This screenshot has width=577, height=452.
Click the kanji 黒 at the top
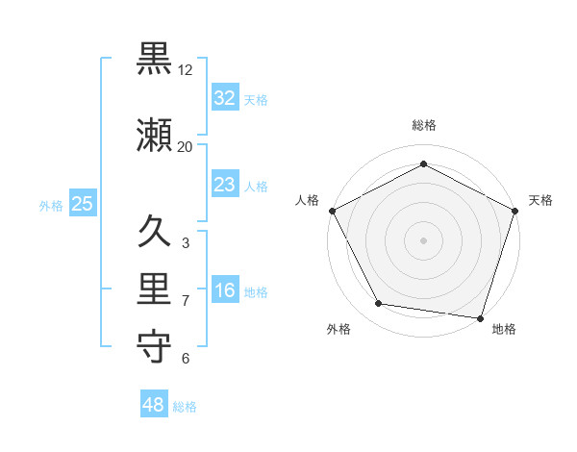click(154, 60)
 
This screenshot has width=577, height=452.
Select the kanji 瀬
click(154, 137)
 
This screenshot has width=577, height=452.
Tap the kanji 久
click(154, 232)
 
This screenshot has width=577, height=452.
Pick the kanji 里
click(154, 289)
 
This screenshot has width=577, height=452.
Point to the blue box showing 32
click(224, 98)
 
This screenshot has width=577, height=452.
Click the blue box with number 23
click(224, 185)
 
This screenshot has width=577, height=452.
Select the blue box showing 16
click(224, 290)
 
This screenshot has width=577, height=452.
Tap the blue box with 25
click(82, 204)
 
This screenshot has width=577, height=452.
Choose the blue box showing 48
click(154, 405)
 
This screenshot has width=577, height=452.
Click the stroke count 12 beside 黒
click(186, 70)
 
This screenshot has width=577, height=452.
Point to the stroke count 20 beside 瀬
click(186, 147)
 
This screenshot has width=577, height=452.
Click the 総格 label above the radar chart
click(424, 125)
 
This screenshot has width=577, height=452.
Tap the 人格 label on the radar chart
click(307, 200)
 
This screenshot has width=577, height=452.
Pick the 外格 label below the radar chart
click(339, 329)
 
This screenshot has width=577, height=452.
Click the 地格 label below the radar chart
click(504, 329)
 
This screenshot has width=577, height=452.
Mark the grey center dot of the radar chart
click(424, 239)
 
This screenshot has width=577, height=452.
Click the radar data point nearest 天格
click(515, 211)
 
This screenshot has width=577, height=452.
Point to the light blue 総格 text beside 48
click(185, 407)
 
